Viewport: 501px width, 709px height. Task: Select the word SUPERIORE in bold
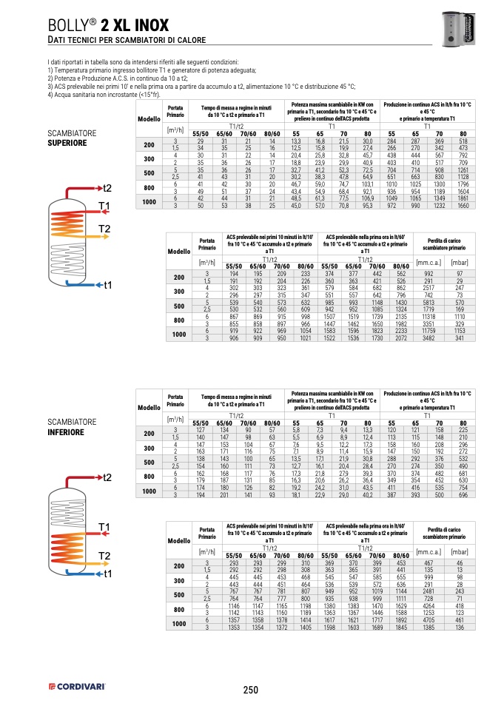click(x=67, y=142)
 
